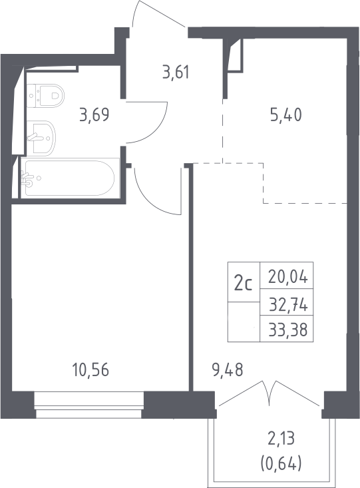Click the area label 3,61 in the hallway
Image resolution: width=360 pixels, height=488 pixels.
[x=176, y=73]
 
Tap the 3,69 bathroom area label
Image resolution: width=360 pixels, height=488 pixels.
[x=94, y=115]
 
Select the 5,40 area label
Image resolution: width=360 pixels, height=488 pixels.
[x=286, y=115]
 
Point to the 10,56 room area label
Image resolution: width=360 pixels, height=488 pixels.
[x=90, y=370]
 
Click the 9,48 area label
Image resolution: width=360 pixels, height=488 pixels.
[x=228, y=370]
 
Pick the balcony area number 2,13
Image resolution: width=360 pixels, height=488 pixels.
[x=281, y=439]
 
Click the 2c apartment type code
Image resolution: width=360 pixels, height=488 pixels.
[x=244, y=284]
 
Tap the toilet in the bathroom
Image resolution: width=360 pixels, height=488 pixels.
[x=45, y=96]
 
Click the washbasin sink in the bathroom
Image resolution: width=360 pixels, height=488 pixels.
[x=41, y=138]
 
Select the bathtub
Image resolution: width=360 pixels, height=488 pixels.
[x=70, y=178]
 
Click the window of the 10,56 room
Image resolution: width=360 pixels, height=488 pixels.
[x=89, y=405]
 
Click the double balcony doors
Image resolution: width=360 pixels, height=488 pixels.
[x=270, y=393]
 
